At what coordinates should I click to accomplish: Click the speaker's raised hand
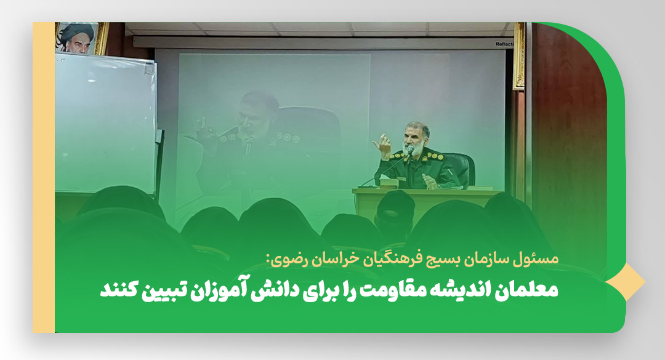[383, 145]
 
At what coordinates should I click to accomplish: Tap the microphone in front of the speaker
[410, 150]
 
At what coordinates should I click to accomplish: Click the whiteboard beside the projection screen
[106, 123]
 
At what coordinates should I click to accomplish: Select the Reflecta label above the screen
[504, 44]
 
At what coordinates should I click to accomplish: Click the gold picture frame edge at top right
[518, 56]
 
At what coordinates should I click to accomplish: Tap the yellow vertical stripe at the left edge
[44, 177]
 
